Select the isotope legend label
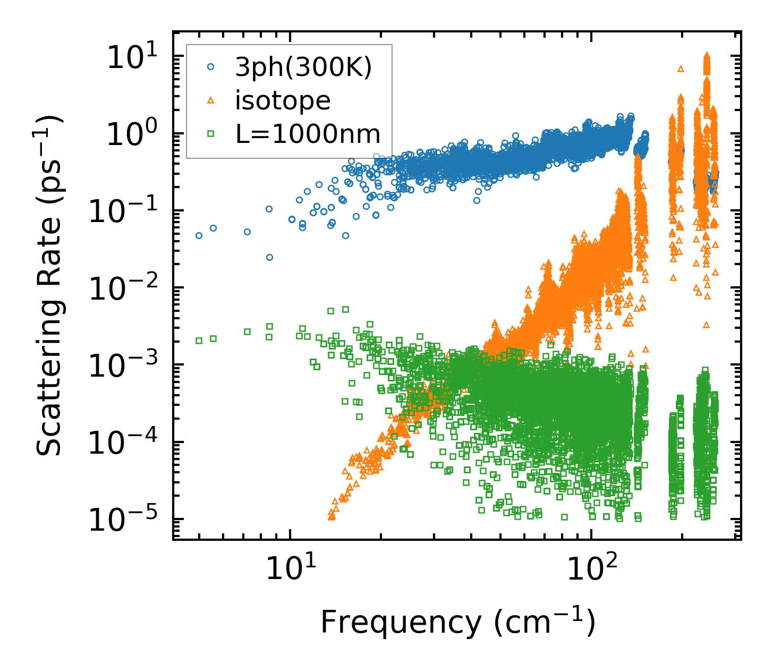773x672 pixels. click(x=283, y=100)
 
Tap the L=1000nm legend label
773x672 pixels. click(x=308, y=134)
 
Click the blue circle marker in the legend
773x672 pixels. click(x=211, y=67)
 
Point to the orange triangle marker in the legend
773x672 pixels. click(x=211, y=100)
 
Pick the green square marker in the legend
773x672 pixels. click(x=211, y=134)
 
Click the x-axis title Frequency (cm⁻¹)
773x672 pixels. click(x=457, y=623)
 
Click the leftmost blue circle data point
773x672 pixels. click(x=199, y=235)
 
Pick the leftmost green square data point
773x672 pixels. click(x=199, y=341)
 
